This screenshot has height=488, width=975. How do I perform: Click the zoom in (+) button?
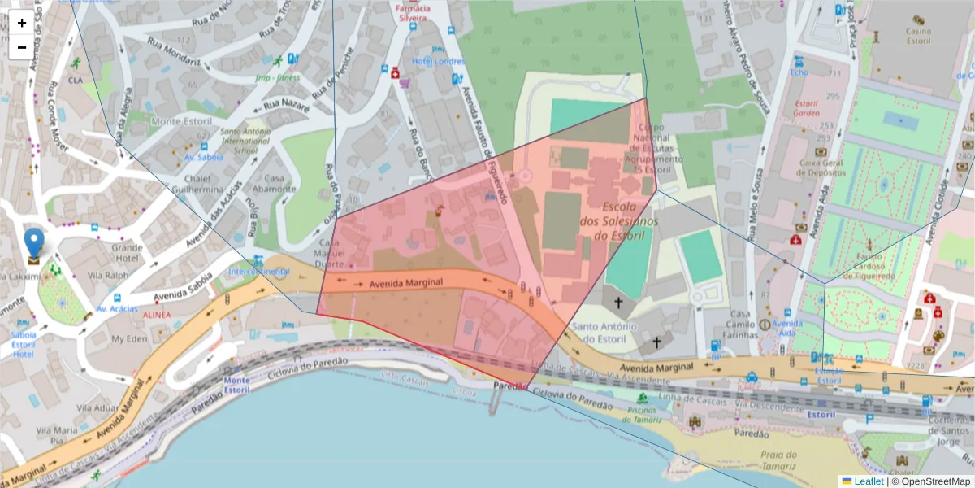point(22,23)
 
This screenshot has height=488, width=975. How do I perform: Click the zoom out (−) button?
point(22,47)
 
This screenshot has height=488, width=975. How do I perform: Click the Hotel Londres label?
point(439,62)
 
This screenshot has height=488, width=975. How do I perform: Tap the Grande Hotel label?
point(128,252)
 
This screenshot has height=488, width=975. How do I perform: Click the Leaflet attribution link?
point(869,481)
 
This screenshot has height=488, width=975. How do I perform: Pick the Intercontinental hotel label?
point(259,271)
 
